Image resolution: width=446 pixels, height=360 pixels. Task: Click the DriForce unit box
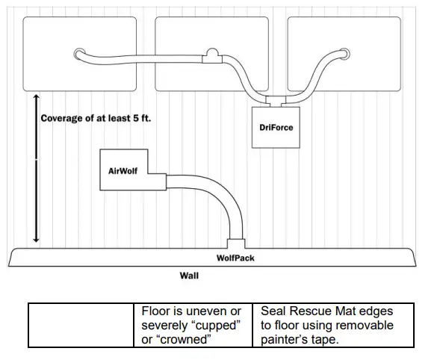pyautogui.click(x=276, y=128)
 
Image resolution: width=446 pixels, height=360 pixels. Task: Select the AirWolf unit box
pyautogui.click(x=123, y=170)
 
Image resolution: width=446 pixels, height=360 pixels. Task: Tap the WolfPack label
pyautogui.click(x=235, y=258)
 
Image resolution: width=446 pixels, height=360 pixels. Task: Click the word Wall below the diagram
pyautogui.click(x=189, y=275)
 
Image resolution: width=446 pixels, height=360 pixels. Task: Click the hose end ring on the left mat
pyautogui.click(x=78, y=54)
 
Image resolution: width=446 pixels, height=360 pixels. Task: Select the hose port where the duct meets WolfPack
pyautogui.click(x=235, y=243)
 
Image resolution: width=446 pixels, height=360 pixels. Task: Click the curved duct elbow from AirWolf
pyautogui.click(x=224, y=198)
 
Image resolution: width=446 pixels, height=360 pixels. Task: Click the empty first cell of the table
pyautogui.click(x=83, y=325)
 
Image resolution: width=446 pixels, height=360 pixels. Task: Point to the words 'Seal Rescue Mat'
pyautogui.click(x=306, y=311)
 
